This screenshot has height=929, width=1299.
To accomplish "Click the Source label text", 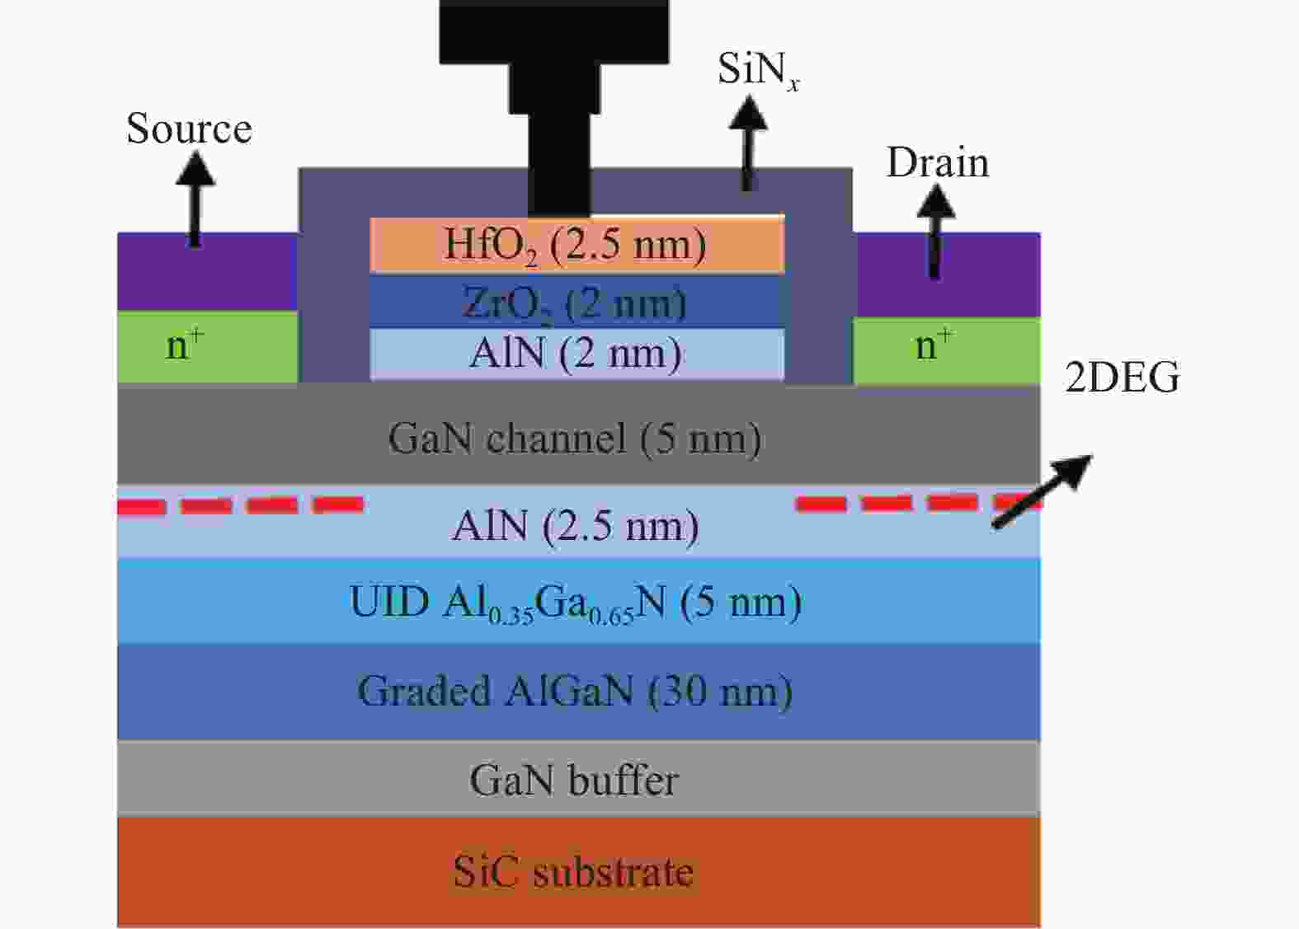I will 189,129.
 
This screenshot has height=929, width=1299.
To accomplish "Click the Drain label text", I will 937,163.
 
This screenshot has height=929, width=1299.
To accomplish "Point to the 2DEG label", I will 1123,378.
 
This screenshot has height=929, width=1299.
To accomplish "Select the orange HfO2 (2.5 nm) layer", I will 576,245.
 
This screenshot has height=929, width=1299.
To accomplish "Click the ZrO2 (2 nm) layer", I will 576,303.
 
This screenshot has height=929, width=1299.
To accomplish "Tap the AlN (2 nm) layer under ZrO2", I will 576,354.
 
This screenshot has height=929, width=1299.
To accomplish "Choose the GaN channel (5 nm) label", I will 574,438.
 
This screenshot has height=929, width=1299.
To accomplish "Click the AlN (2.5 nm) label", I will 575,525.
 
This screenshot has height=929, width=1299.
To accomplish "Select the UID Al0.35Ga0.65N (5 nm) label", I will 575,603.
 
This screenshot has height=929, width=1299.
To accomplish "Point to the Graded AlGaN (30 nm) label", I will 575,691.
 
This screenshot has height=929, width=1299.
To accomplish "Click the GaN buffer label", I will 574,779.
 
